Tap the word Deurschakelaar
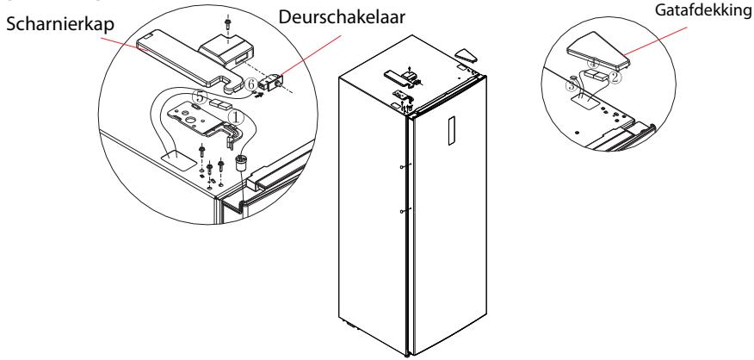point(342,17)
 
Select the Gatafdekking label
point(704,10)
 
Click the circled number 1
point(235,116)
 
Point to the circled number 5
point(201,97)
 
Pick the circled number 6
point(250,84)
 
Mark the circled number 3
point(572,85)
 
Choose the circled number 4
point(595,63)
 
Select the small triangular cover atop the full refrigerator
point(466,54)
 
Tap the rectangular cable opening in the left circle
point(176,158)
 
